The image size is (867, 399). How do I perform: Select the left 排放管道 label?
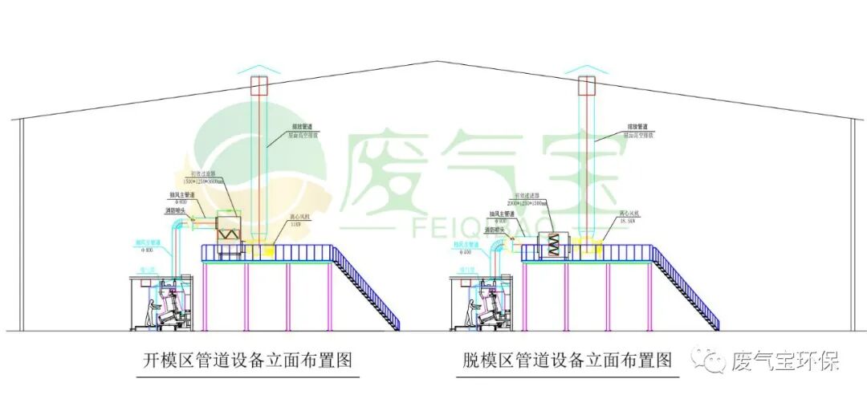pyautogui.click(x=301, y=126)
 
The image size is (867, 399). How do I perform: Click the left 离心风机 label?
pyautogui.click(x=300, y=216)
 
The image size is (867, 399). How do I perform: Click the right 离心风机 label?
pyautogui.click(x=629, y=214)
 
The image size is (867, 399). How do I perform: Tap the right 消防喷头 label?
pyautogui.click(x=501, y=227)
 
